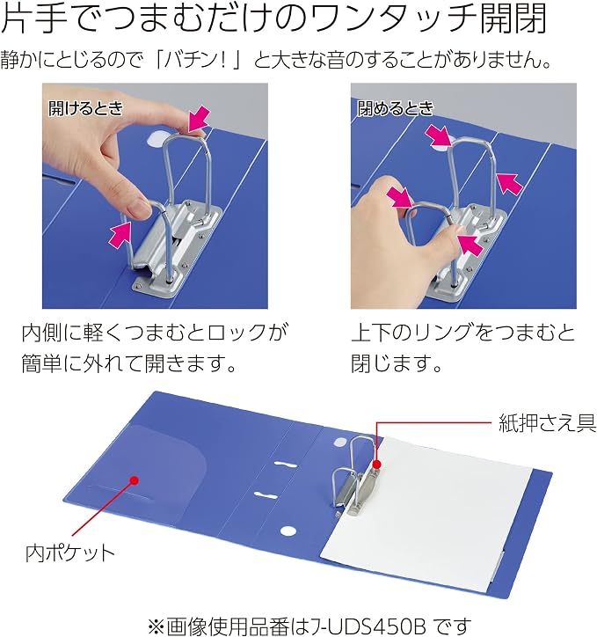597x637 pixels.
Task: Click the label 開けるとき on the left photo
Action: point(85,108)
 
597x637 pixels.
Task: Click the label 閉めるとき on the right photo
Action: point(396,108)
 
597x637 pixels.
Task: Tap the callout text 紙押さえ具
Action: point(548,423)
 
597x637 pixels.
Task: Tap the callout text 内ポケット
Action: point(70,553)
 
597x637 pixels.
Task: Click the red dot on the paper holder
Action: point(376,464)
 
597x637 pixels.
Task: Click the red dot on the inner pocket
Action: point(135,480)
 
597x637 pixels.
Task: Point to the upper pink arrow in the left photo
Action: point(200,119)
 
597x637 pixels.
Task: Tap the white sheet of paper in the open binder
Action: point(426,515)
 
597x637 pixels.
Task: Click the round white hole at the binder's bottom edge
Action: point(288,531)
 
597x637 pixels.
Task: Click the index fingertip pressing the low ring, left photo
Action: point(139,208)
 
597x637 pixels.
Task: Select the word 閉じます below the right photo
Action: point(391,362)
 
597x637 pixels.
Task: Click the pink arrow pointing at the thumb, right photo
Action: point(470,245)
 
